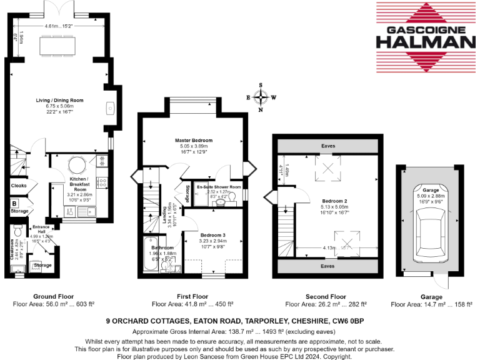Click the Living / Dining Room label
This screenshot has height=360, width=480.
pos(59,100)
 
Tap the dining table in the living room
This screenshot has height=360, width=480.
pos(59,45)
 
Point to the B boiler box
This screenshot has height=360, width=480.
pos(14,203)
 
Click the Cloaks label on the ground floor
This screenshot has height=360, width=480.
pos(17,186)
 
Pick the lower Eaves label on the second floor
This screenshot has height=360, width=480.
pos(327,266)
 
